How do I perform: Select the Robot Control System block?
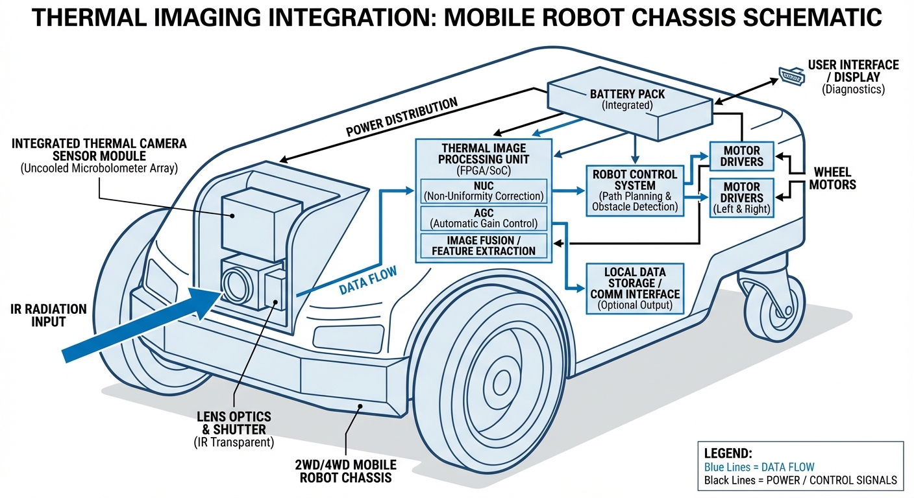click(635, 191)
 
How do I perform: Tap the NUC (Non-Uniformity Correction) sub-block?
click(484, 190)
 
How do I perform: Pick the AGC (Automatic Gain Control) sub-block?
click(484, 219)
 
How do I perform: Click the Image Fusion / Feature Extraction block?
click(484, 246)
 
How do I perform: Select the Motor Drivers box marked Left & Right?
click(741, 198)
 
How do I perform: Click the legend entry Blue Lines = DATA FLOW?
click(759, 467)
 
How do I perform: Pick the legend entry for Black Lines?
click(800, 480)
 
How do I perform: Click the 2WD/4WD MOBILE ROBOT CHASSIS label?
click(345, 471)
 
